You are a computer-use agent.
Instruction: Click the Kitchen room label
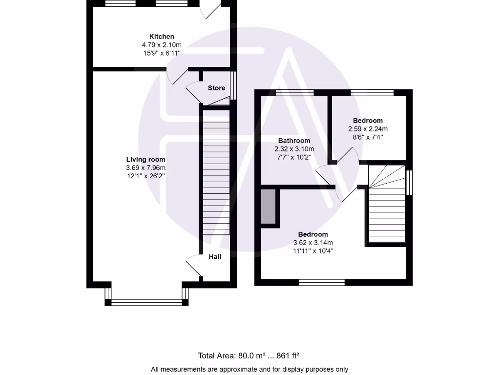162,37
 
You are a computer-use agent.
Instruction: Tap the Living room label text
146,160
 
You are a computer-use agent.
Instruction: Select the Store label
216,88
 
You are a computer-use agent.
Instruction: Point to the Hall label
215,256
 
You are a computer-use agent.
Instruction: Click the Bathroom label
294,141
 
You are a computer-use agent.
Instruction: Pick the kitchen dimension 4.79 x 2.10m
162,44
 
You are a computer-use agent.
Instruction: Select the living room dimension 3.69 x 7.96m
146,167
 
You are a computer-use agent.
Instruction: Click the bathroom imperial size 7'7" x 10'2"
294,157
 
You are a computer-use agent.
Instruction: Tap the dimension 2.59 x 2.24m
368,129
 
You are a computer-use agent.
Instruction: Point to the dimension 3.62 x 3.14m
313,243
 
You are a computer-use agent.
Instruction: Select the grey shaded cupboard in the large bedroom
268,207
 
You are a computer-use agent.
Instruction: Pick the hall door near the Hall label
193,266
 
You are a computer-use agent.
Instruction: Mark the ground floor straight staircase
215,171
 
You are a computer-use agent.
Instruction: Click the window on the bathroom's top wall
294,92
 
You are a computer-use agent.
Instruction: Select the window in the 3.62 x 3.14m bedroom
321,282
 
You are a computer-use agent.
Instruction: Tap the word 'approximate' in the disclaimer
220,369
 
